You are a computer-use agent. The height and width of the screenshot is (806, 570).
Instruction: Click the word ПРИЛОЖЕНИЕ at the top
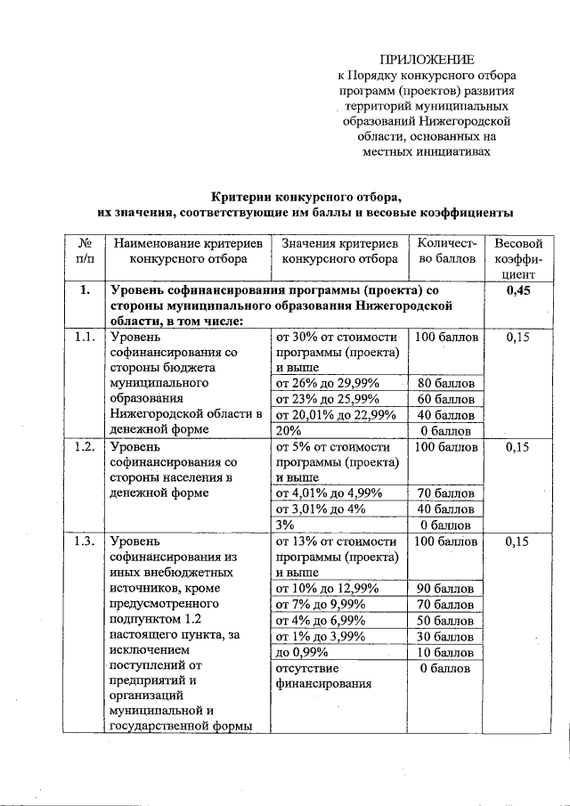click(x=425, y=59)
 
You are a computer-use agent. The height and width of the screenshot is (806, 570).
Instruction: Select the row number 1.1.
click(x=85, y=338)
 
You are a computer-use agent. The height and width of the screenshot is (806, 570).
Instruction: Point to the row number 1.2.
click(x=85, y=447)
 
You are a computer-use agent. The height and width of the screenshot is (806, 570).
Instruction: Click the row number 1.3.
click(x=85, y=541)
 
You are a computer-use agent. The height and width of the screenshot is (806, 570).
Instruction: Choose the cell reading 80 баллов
click(x=446, y=384)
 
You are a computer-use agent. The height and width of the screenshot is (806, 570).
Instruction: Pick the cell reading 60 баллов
click(x=446, y=399)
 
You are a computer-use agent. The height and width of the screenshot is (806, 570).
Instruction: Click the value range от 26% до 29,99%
click(x=328, y=384)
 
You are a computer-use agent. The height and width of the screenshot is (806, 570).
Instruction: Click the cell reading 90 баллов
click(x=446, y=589)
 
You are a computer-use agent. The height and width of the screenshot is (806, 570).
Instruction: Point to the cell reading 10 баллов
click(x=446, y=652)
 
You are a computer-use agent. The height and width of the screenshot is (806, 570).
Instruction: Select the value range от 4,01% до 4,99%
click(x=328, y=493)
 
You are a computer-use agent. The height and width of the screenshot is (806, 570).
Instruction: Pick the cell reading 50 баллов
click(x=446, y=621)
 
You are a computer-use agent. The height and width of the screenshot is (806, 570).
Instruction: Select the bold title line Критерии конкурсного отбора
click(x=305, y=196)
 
